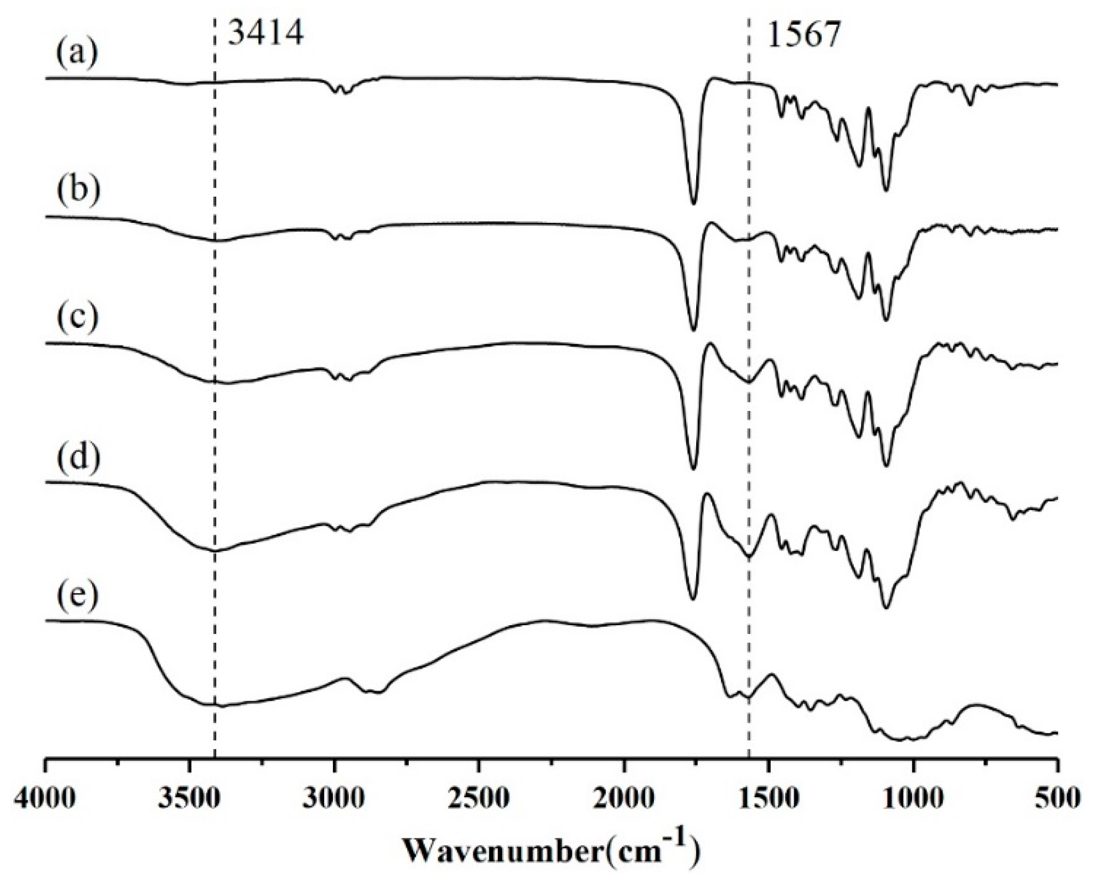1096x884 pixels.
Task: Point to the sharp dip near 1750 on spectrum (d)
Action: [692, 599]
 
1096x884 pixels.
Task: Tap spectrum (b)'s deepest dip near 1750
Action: [694, 331]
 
